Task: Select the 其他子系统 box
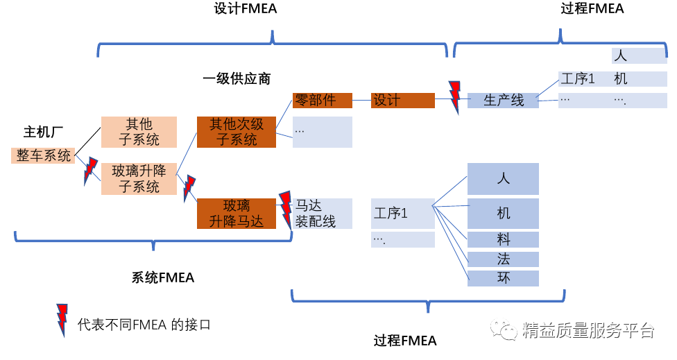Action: click(x=139, y=132)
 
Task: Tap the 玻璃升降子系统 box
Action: click(x=139, y=178)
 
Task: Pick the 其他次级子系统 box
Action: click(x=237, y=132)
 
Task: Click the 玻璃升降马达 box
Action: click(x=237, y=214)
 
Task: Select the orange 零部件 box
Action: click(x=323, y=101)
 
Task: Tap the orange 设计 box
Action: click(x=402, y=101)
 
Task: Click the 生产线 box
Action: click(x=504, y=101)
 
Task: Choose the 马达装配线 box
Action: click(x=322, y=214)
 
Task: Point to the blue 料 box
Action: click(x=504, y=240)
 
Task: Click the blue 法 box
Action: click(x=504, y=259)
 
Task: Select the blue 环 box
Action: click(x=504, y=278)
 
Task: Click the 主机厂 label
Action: click(x=44, y=132)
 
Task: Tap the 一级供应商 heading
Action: click(x=237, y=79)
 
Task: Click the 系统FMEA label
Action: click(x=163, y=277)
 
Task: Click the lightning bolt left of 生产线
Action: click(x=455, y=97)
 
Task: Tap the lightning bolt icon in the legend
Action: click(x=62, y=320)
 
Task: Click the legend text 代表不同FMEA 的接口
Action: click(x=144, y=324)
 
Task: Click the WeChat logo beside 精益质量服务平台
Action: click(x=504, y=330)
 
